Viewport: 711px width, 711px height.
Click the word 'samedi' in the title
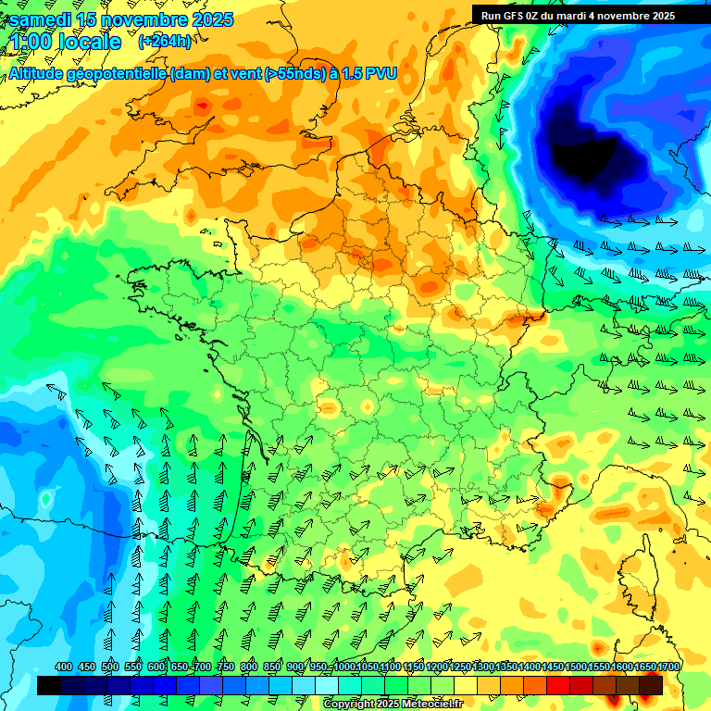tap(41, 19)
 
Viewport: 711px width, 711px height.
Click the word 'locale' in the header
tap(89, 42)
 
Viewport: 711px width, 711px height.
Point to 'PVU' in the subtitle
tap(381, 73)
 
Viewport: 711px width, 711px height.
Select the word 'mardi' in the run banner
tap(576, 16)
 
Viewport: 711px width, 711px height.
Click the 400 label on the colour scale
tap(64, 667)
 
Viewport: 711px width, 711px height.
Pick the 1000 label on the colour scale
tap(343, 667)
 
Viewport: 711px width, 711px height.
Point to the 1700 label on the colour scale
tap(667, 667)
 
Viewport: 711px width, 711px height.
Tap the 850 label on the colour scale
tap(272, 667)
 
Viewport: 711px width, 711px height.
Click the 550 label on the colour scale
tap(133, 667)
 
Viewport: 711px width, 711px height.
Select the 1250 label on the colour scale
tap(459, 667)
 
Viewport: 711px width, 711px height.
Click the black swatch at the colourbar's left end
tap(49, 685)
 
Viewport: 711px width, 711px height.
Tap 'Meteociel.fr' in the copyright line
tap(429, 705)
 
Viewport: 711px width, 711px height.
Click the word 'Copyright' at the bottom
tap(347, 705)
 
